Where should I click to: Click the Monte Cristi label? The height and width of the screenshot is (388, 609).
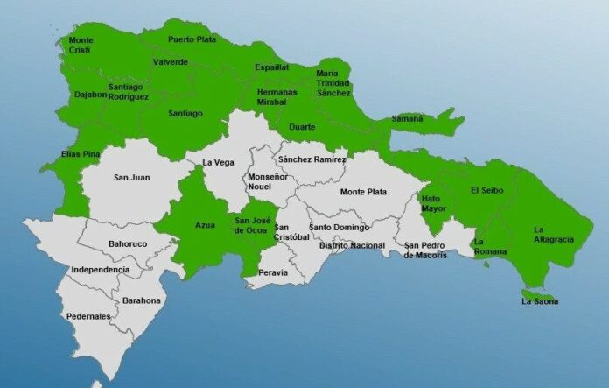point(81,46)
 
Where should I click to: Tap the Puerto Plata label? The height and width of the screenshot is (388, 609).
point(192,39)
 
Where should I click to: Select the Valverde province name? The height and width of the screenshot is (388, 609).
point(170,62)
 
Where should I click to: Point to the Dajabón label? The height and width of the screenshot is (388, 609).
point(88,94)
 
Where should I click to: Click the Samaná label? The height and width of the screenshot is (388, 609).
point(406,117)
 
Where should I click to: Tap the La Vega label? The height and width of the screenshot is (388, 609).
point(218,162)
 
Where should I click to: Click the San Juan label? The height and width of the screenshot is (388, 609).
point(131,178)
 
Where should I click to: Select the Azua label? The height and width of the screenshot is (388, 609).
point(205,226)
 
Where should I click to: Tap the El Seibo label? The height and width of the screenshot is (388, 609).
point(486,190)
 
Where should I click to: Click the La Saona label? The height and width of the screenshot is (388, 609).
point(539,302)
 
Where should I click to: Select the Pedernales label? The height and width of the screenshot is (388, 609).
point(88,316)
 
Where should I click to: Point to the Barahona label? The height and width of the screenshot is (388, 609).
point(141,300)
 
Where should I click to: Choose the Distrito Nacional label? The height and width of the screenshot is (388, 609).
point(352,245)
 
